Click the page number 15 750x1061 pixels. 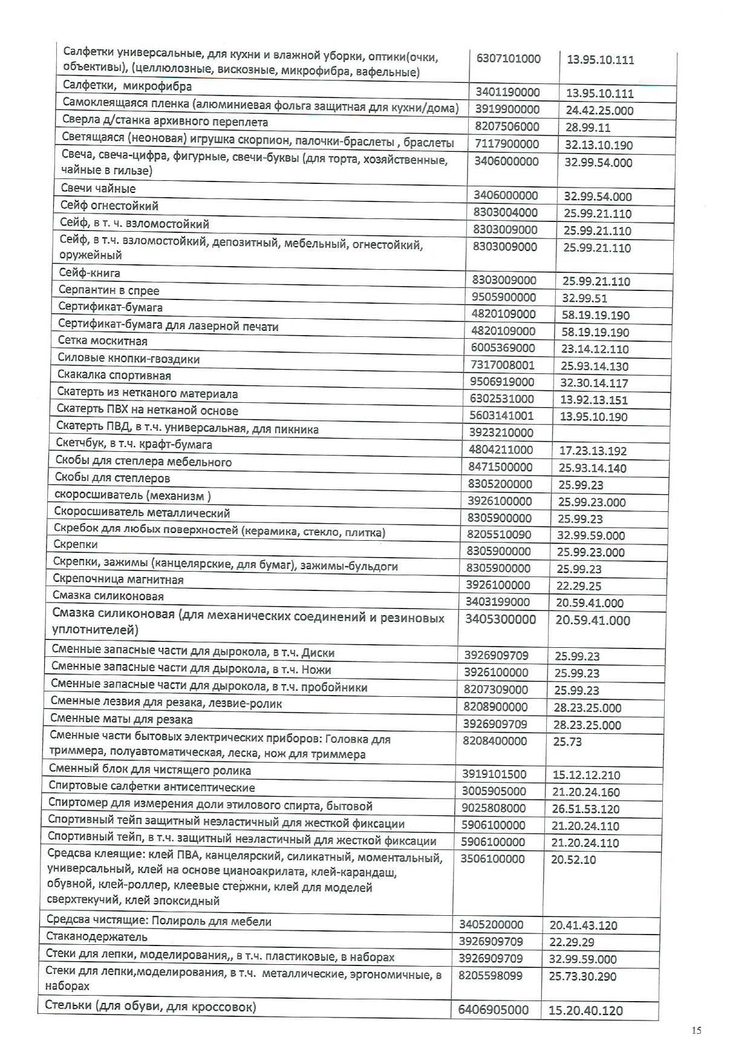[697, 1031]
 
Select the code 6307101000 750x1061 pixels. [509, 59]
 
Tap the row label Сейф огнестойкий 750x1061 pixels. [109, 206]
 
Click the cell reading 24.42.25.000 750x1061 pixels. [599, 111]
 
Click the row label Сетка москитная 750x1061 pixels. [103, 341]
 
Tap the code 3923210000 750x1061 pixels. [501, 433]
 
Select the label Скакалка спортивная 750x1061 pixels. [114, 376]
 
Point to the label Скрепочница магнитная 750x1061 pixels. [118, 579]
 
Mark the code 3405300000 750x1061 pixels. [500, 619]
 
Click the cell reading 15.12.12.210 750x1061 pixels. [586, 775]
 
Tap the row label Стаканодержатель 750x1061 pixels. [97, 937]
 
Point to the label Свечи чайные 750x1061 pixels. [98, 189]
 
